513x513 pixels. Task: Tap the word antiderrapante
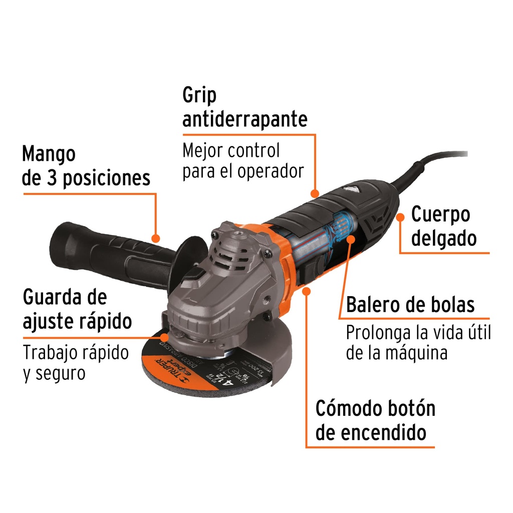244,120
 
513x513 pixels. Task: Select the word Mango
49,154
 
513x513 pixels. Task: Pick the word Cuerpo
440,215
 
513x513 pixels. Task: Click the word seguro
60,373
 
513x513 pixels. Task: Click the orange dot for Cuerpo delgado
400,216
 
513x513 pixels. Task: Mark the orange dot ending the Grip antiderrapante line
315,193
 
